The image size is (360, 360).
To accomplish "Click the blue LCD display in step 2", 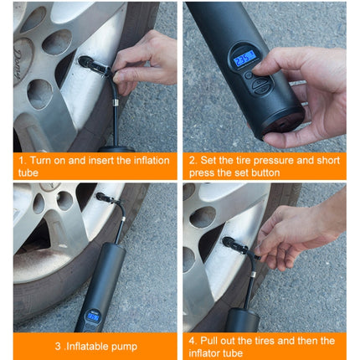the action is click(x=244, y=59).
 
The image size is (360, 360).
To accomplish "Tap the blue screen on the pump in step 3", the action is click(x=93, y=316).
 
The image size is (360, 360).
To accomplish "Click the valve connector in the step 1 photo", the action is click(x=94, y=66).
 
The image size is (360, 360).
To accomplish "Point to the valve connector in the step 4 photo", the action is click(x=235, y=244).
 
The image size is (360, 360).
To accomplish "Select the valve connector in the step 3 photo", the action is click(x=106, y=198).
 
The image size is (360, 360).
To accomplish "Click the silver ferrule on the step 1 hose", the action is click(x=116, y=102).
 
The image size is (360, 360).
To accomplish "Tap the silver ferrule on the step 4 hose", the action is click(x=253, y=275).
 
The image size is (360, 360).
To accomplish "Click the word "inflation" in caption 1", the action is click(x=152, y=161).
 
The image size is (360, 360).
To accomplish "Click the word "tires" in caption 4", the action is click(x=265, y=341).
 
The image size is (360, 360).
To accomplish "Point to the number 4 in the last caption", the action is click(x=192, y=341).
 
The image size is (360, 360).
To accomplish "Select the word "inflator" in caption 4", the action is click(x=203, y=353).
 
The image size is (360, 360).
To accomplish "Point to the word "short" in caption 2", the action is click(x=328, y=161).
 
